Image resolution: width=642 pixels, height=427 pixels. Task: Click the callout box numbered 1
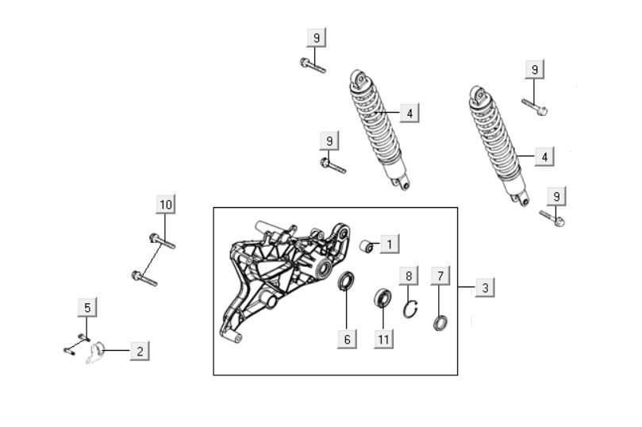[389, 244]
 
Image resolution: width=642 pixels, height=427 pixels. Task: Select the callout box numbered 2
[139, 350]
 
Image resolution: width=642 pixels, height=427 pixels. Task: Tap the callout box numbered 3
[485, 287]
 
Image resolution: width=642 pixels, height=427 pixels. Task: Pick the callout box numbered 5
[87, 307]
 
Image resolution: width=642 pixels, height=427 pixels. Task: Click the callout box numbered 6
[346, 338]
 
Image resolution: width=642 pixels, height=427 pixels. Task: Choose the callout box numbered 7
[441, 276]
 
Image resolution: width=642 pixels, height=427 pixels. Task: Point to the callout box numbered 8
[409, 276]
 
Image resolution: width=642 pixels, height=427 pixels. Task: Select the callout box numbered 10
[165, 205]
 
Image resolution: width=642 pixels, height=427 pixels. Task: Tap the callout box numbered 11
[384, 338]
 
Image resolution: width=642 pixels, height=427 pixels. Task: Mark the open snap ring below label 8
[409, 309]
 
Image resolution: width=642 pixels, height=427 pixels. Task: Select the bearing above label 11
[383, 298]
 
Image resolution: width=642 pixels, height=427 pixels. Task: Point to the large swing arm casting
[278, 278]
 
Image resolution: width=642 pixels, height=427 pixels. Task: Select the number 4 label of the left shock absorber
[409, 113]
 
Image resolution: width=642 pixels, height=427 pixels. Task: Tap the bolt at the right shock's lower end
[552, 216]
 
